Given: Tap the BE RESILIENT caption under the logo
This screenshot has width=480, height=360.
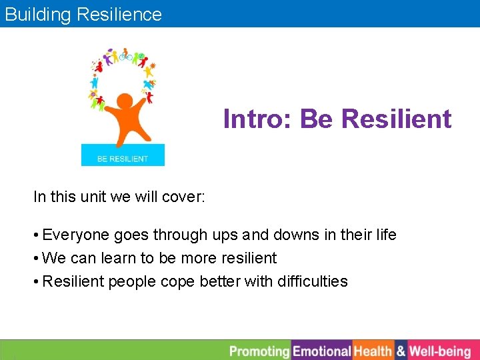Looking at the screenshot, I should click(x=123, y=159).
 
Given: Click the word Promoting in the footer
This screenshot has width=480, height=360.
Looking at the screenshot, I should click(x=259, y=351).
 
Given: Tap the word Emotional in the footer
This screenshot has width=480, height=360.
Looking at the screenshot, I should click(x=322, y=351).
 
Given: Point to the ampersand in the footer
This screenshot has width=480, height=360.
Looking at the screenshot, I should click(x=401, y=351).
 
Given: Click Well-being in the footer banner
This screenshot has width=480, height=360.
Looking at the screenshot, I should click(x=439, y=351).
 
